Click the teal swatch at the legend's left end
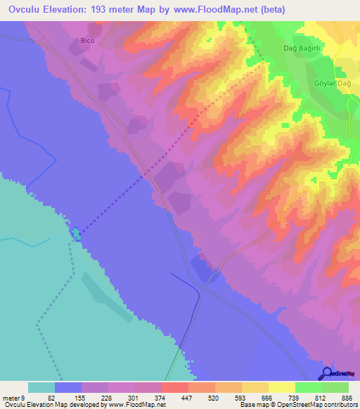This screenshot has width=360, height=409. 41,387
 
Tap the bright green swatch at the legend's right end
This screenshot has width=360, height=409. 335,387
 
